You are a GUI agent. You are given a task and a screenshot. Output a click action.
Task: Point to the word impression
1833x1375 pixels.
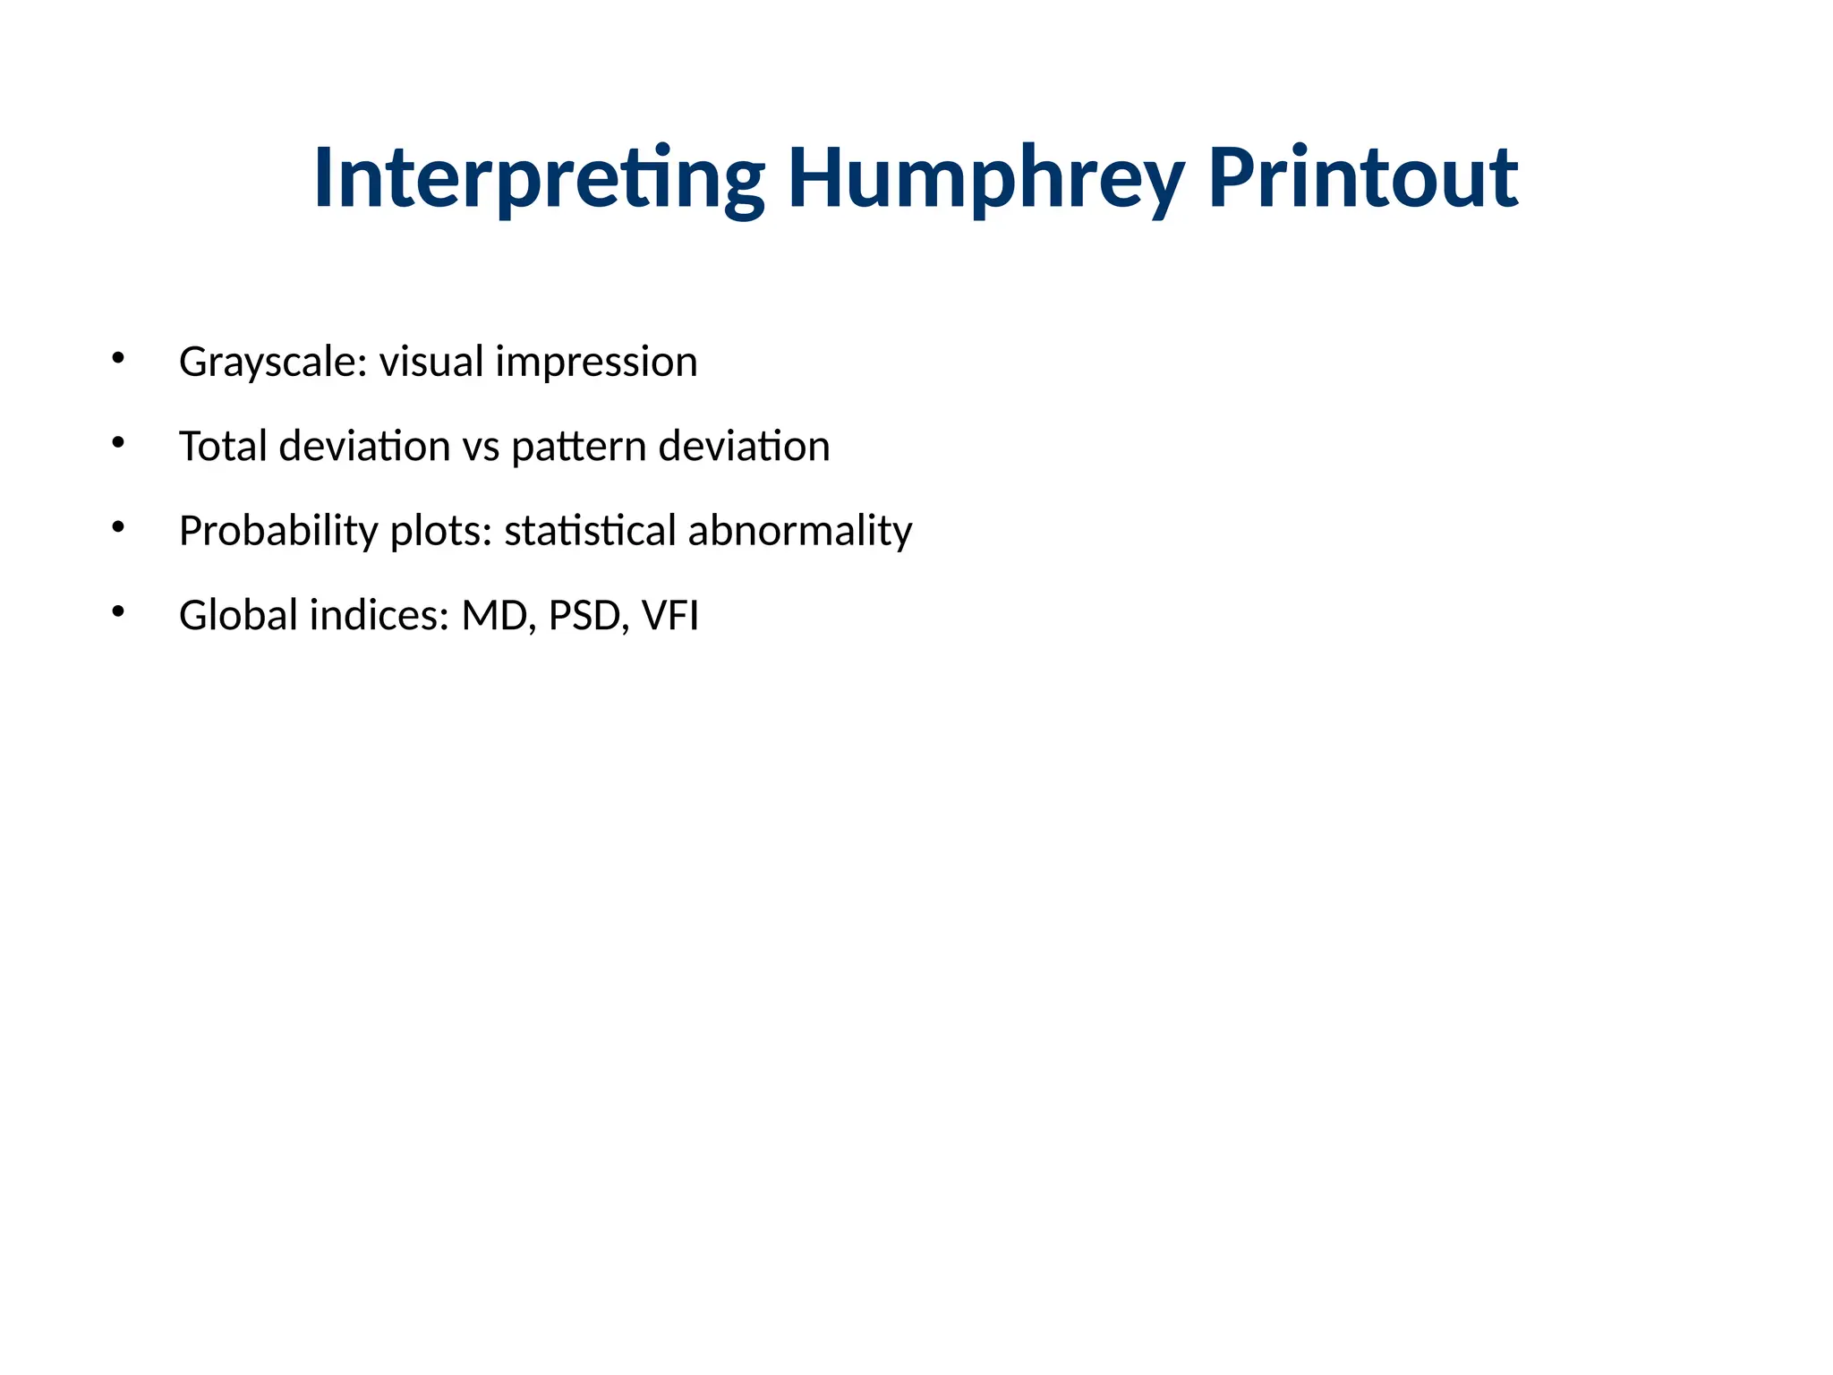[x=596, y=363]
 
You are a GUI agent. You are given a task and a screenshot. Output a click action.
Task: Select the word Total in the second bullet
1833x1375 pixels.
[x=223, y=446]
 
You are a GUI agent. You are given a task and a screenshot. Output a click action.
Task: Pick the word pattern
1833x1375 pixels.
[x=579, y=447]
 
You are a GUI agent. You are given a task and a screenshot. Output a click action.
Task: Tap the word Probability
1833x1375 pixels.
[x=278, y=531]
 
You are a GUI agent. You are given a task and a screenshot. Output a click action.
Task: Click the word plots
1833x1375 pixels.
[x=441, y=531]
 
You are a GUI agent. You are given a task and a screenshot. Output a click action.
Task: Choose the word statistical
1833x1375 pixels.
[x=590, y=531]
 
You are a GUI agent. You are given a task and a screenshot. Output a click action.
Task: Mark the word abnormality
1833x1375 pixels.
[x=800, y=531]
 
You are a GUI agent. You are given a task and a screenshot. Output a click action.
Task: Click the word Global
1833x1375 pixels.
[x=238, y=615]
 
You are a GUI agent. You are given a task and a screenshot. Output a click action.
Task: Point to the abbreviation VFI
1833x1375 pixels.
[x=670, y=616]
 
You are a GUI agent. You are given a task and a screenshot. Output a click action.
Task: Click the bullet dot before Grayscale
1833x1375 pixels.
[x=118, y=358]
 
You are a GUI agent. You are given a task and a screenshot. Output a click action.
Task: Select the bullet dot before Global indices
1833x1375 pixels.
[x=118, y=611]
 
